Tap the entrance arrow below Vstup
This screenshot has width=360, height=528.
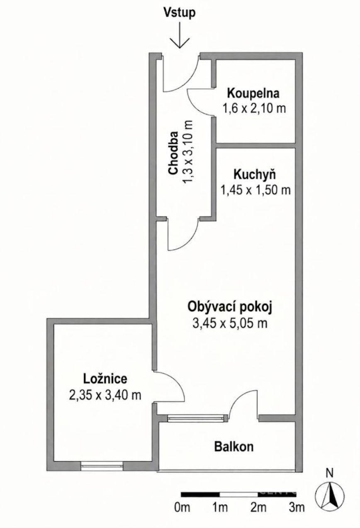(x=180, y=35)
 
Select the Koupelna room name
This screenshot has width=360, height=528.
(x=253, y=93)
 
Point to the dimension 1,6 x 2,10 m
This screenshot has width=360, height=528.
(x=254, y=108)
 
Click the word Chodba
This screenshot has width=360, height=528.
(x=173, y=153)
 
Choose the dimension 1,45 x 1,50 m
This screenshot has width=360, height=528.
(x=255, y=190)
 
